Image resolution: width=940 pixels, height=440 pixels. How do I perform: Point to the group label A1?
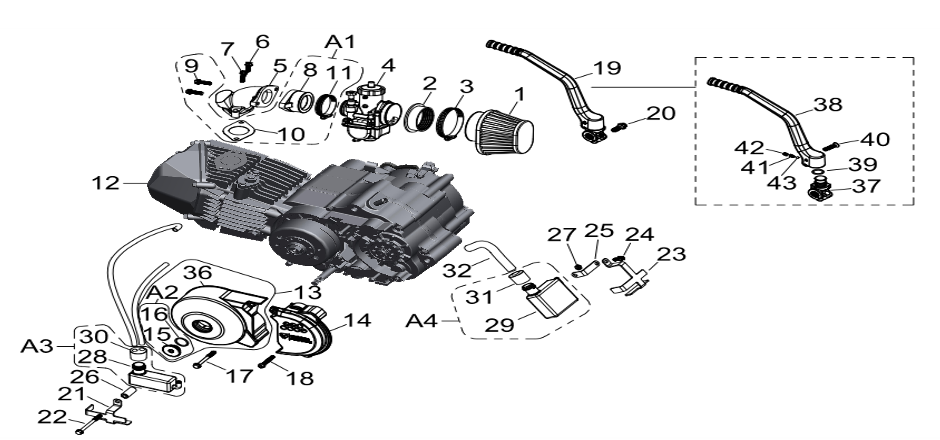(339, 42)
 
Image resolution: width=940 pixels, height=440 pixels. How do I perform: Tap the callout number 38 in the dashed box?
(828, 105)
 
